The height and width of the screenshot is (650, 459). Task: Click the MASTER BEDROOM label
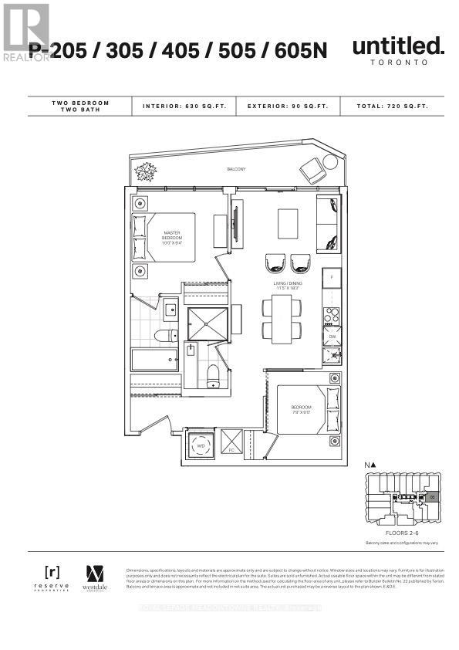pos(171,235)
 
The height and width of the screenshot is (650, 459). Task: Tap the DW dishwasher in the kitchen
pos(332,337)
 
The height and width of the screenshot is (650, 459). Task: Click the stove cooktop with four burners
pos(332,316)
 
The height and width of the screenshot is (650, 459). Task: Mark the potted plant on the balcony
pos(143,171)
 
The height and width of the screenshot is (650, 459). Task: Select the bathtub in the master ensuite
pos(154,361)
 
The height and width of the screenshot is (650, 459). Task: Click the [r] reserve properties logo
pos(52,577)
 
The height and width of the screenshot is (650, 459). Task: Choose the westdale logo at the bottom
pos(94,577)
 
